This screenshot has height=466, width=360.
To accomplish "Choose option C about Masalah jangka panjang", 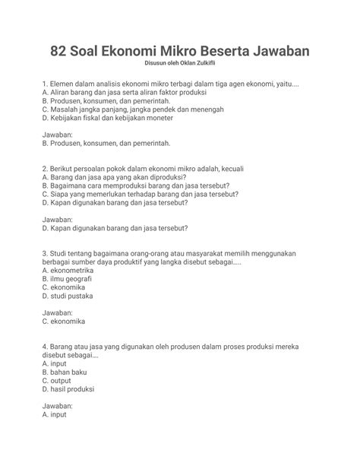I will [134, 109].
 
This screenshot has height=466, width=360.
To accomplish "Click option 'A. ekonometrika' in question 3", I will [68, 268].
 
